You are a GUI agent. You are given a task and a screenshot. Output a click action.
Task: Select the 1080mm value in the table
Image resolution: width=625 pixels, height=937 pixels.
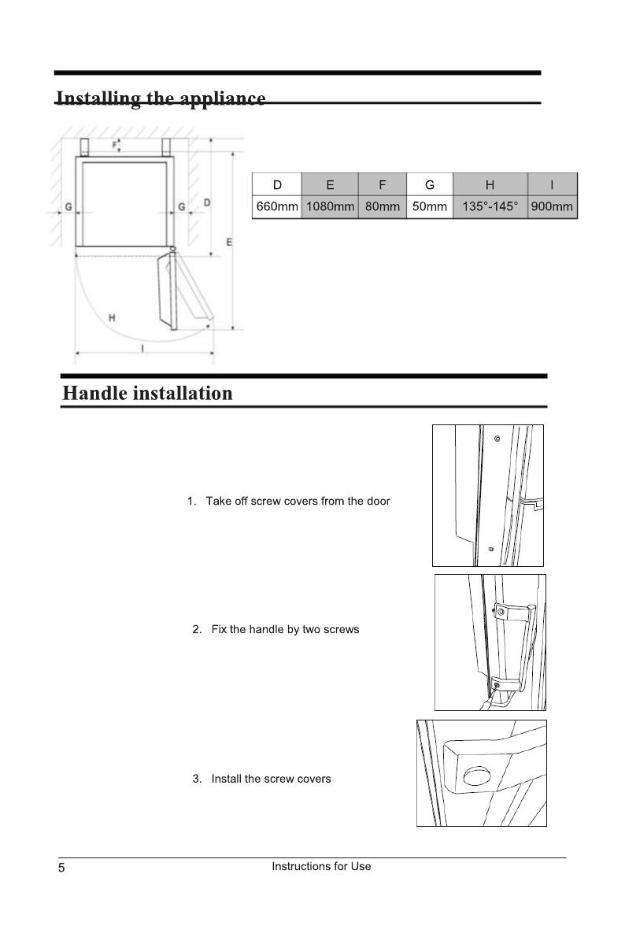(x=329, y=207)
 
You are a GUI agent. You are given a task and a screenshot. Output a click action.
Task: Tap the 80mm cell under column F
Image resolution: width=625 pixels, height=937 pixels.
(x=383, y=207)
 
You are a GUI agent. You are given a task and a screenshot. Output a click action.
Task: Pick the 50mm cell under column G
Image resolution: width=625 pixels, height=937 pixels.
(x=430, y=207)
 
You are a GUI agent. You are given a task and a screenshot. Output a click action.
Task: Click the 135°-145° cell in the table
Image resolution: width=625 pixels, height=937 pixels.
(x=490, y=207)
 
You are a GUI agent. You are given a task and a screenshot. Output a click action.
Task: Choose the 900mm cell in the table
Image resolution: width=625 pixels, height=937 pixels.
(x=553, y=207)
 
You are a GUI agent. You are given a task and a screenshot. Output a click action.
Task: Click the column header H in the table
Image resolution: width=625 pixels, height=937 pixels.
(x=490, y=185)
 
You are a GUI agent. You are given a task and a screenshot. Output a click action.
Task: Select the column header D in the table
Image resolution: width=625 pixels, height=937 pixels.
(x=277, y=185)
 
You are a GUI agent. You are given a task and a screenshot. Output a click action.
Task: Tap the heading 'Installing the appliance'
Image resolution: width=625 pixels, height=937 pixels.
(x=161, y=99)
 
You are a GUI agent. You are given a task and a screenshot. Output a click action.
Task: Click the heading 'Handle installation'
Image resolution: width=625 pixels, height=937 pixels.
(x=148, y=393)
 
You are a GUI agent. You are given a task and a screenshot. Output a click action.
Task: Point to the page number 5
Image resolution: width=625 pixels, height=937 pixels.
(x=61, y=868)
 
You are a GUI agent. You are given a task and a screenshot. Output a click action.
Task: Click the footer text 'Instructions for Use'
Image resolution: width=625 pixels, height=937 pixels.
(x=321, y=866)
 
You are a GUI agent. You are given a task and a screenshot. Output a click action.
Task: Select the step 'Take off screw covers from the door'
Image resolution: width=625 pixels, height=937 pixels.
(x=297, y=502)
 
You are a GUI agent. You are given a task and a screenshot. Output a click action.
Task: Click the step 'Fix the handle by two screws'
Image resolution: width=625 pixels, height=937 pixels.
(x=284, y=630)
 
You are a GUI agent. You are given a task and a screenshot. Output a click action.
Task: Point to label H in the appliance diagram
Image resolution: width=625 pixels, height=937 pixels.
(x=113, y=318)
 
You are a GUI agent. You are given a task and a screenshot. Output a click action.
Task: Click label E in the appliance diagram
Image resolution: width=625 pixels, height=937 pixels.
(x=230, y=242)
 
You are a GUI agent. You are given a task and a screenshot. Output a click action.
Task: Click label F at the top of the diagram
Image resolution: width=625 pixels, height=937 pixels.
(x=113, y=144)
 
